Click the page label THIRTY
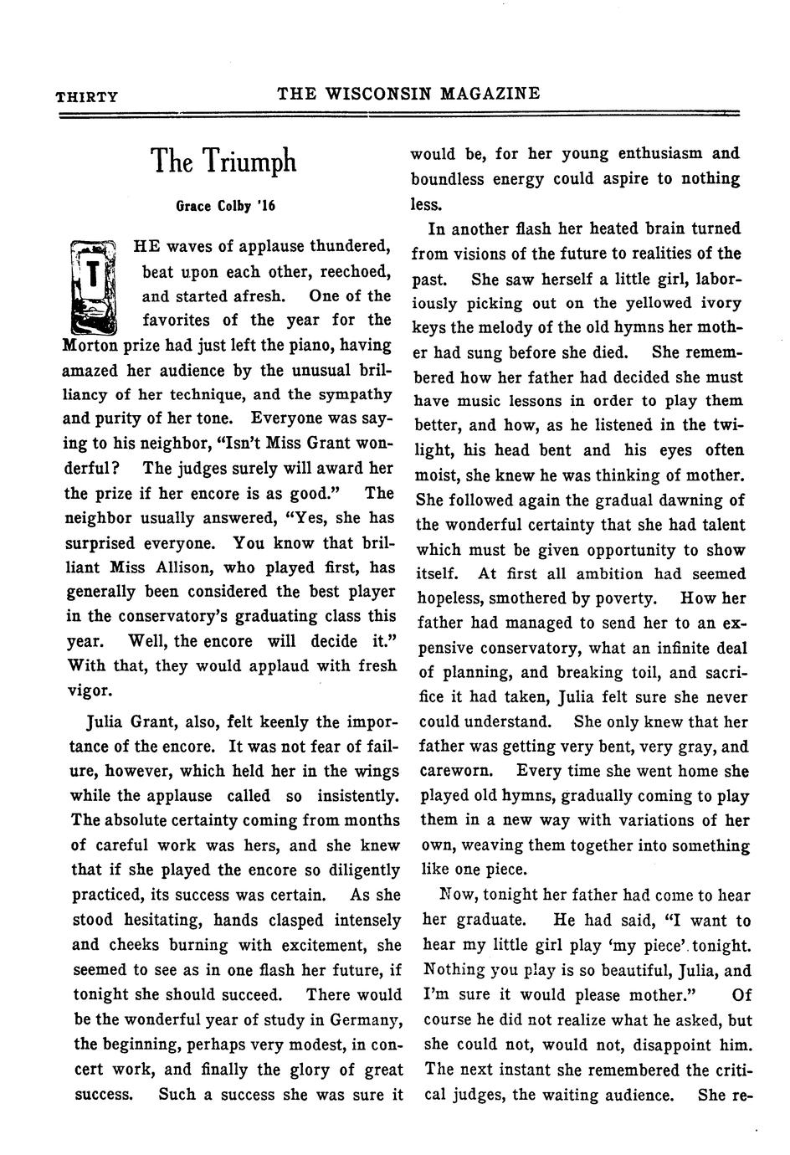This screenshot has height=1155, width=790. click(86, 96)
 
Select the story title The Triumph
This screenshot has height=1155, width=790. click(223, 161)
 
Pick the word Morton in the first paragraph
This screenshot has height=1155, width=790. click(91, 346)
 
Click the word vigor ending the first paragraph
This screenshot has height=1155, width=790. click(89, 691)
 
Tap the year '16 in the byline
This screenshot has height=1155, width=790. click(266, 205)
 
